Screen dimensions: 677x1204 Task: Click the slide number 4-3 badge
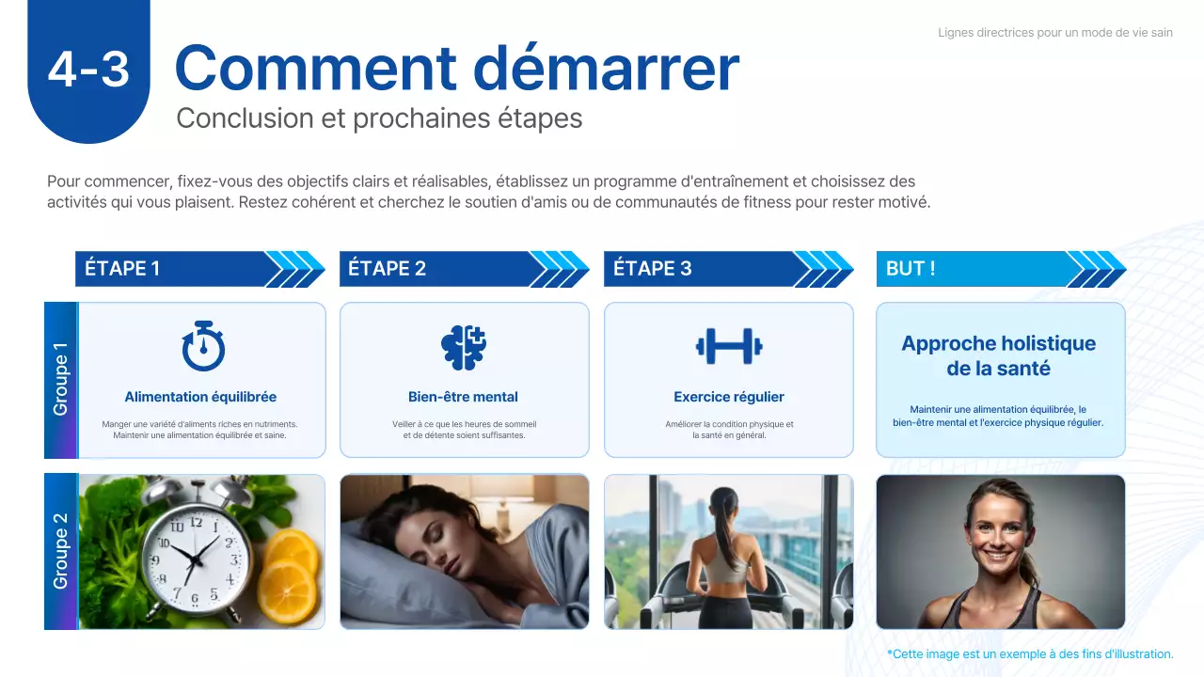[x=88, y=70]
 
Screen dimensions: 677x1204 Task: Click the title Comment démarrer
[x=457, y=68]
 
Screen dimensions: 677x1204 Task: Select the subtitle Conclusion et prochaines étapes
[x=379, y=118]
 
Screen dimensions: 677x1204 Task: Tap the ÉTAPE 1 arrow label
[x=122, y=269]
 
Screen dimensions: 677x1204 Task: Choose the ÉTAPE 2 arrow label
[x=387, y=269]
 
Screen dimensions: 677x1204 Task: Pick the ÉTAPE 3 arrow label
[x=652, y=269]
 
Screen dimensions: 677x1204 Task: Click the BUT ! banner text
[x=911, y=269]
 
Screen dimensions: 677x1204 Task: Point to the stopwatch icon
[x=202, y=346]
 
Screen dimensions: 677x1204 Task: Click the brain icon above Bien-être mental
[x=464, y=346]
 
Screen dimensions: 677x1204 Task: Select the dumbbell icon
[x=729, y=346]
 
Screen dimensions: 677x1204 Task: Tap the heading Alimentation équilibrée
[x=200, y=397]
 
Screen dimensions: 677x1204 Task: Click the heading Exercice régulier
[x=729, y=397]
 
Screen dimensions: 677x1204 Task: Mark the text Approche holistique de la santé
[x=999, y=355]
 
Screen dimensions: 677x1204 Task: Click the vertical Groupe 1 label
[x=61, y=380]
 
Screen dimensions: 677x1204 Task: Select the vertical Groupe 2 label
[x=61, y=552]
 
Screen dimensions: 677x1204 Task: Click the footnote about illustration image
[x=1030, y=653]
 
